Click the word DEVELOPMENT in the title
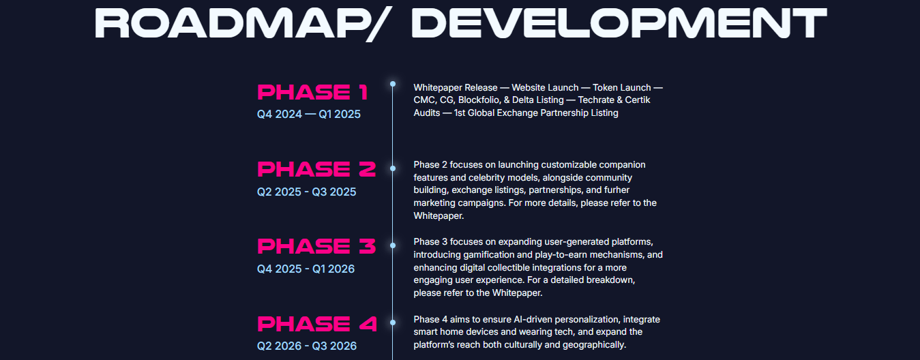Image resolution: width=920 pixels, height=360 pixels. click(619, 23)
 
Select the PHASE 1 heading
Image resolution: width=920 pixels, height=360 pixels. click(312, 92)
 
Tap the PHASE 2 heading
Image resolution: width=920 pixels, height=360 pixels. click(316, 169)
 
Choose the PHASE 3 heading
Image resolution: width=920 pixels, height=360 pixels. click(316, 246)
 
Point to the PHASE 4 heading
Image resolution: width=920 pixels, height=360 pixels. click(317, 324)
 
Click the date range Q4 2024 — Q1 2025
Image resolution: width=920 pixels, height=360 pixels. click(309, 114)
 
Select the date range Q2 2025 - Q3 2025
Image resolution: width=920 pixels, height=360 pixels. click(306, 192)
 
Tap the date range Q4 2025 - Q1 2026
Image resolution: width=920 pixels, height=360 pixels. click(306, 269)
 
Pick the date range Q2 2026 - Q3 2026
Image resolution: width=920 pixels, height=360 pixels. click(307, 346)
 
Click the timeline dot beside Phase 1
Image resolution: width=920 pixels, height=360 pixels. click(393, 84)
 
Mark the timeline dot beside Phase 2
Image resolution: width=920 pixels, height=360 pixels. click(393, 168)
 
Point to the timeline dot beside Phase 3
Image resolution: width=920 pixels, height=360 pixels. click(393, 245)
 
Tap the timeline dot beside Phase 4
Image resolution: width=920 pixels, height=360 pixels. click(393, 322)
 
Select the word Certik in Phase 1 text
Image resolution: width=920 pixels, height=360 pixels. click(638, 100)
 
